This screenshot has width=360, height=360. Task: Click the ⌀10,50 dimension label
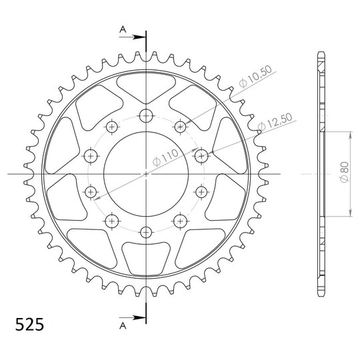(255, 77)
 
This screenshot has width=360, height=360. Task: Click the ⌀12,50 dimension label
(275, 122)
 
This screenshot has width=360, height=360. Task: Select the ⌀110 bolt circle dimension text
(165, 157)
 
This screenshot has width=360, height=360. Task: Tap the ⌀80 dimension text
(344, 172)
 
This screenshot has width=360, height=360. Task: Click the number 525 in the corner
(29, 325)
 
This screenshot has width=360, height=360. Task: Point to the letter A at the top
(123, 29)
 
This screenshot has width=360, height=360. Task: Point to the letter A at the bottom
(123, 326)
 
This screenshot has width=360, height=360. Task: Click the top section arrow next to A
(133, 37)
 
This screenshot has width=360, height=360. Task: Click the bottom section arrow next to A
(133, 318)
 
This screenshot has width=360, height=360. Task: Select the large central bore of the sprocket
(146, 174)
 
